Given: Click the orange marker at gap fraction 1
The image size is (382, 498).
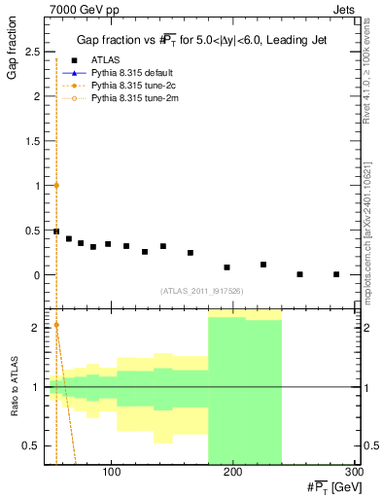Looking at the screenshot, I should [56, 185].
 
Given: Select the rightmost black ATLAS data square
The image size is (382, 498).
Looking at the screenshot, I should [336, 274].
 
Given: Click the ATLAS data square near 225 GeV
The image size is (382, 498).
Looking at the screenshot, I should [263, 265].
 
